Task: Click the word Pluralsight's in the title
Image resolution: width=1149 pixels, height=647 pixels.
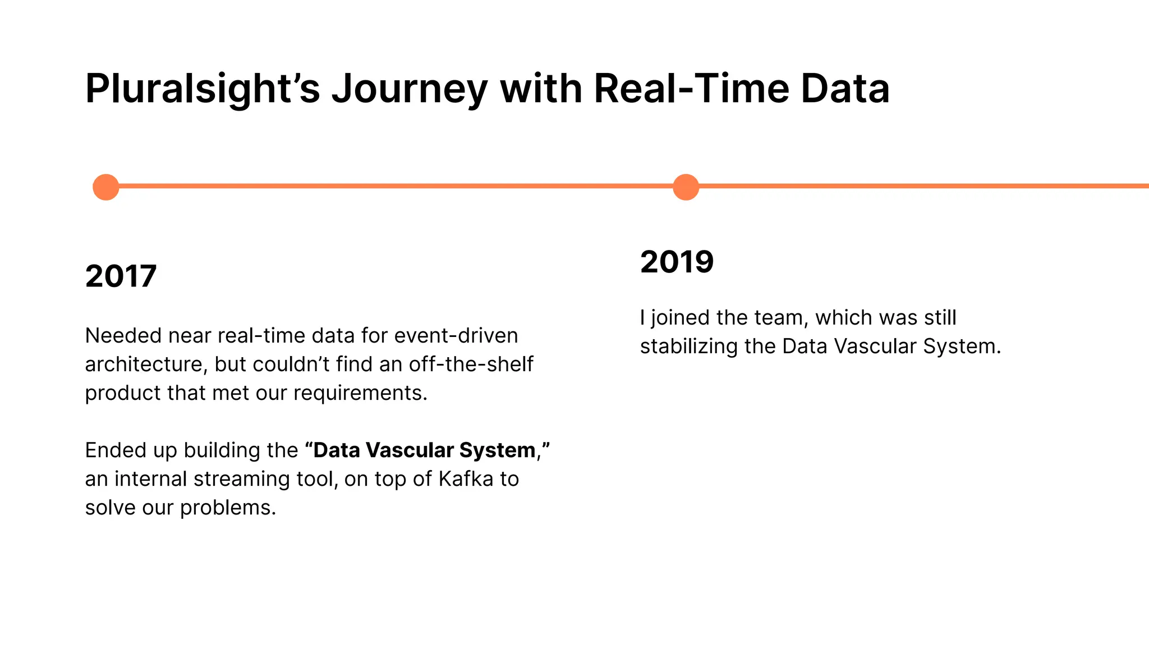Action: tap(202, 89)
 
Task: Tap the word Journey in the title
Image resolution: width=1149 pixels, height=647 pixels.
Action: tap(410, 89)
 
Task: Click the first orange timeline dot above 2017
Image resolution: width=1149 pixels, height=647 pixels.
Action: tap(105, 187)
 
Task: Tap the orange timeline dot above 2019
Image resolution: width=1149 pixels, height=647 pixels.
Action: tap(686, 187)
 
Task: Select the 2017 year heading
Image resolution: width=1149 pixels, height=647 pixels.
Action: tap(121, 276)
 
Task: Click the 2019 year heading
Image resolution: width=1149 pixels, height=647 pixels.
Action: tap(677, 262)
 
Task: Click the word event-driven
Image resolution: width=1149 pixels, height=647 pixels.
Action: tap(456, 336)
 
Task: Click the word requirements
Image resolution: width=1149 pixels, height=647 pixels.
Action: tap(360, 393)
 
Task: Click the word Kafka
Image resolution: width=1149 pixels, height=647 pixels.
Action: tap(466, 479)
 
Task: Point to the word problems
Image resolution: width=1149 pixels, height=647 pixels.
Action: tap(228, 508)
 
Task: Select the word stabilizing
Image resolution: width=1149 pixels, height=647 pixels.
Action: tap(689, 347)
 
